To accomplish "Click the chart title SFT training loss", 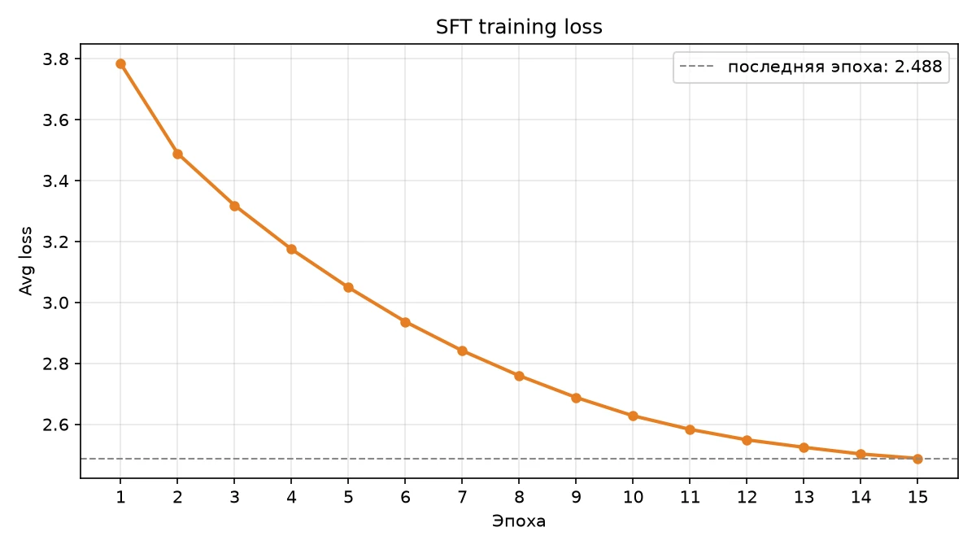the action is click(519, 27).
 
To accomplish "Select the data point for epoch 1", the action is click(120, 64).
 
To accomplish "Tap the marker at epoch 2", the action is click(177, 154).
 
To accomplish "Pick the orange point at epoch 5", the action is click(348, 288).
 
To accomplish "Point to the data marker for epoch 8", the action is click(519, 376).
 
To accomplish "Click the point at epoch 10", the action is click(633, 416).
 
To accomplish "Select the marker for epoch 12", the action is click(747, 441).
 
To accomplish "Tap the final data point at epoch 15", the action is click(917, 459).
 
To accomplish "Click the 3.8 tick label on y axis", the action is click(56, 59).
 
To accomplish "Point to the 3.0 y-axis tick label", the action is click(56, 303).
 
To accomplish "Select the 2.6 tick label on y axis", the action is click(56, 425).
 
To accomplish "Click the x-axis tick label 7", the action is click(462, 497).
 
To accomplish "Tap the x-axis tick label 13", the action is click(804, 497).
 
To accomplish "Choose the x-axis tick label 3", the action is click(234, 497).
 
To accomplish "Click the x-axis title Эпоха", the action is click(519, 521).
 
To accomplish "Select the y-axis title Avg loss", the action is click(26, 261).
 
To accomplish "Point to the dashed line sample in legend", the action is click(697, 67).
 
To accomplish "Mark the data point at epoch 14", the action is click(861, 454).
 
